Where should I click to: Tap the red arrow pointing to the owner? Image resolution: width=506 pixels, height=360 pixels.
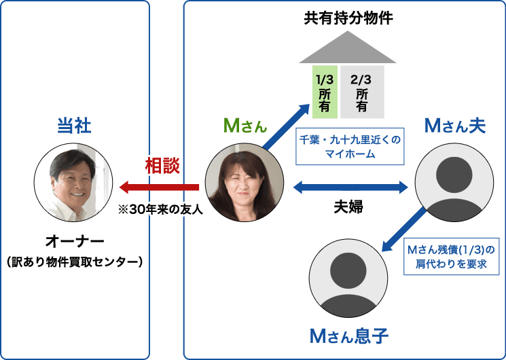click(x=159, y=187)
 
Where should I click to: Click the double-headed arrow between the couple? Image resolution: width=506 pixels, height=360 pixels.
click(x=349, y=185)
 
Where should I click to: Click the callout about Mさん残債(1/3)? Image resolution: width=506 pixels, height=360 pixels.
click(x=451, y=256)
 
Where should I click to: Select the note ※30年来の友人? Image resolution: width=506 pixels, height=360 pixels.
click(x=160, y=210)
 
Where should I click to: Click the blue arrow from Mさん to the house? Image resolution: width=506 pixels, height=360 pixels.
click(x=285, y=125)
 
